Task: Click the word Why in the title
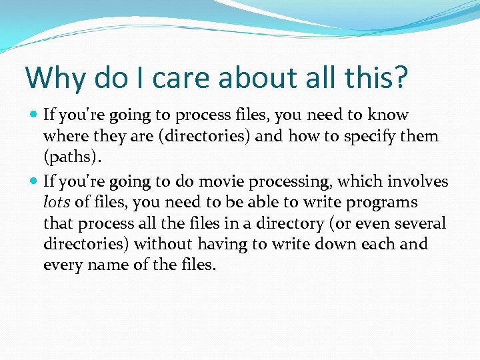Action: tap(53, 77)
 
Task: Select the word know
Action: tap(389, 115)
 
